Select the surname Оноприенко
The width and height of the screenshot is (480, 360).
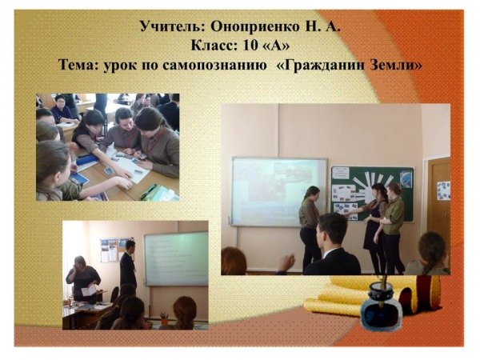254,27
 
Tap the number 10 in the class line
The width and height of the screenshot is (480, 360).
250,46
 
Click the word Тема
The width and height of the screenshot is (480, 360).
78,65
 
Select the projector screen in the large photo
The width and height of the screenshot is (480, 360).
278,192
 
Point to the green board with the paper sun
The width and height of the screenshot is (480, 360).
372,194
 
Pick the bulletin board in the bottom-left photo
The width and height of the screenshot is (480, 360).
116,250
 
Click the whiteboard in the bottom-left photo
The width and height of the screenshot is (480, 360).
176,258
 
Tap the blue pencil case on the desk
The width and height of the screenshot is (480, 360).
87,159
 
